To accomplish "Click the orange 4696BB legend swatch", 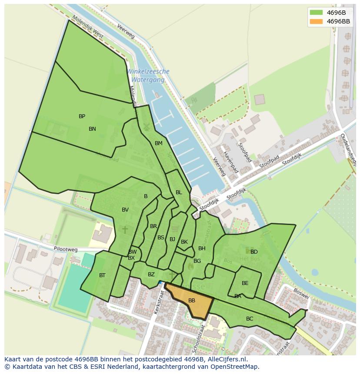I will [x=316, y=21].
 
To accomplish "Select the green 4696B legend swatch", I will [x=316, y=13].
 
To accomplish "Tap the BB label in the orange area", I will [x=192, y=301].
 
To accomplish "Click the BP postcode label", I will [x=82, y=116].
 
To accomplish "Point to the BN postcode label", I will [x=92, y=129].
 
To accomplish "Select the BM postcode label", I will [x=159, y=143].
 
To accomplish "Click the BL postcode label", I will [x=179, y=192].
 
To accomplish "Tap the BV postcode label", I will [x=125, y=210].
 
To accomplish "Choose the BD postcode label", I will [x=254, y=252].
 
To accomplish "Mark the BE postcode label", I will [x=245, y=283].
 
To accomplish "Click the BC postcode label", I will [x=250, y=319].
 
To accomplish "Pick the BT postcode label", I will [x=102, y=275].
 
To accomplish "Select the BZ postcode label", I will [x=151, y=275].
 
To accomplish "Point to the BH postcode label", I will [x=202, y=248].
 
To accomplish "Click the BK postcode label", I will [x=184, y=242].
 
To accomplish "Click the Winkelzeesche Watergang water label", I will [x=148, y=76].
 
